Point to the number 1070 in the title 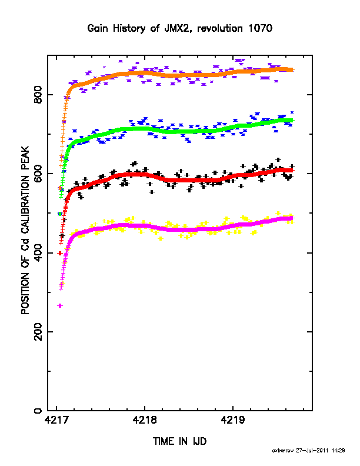tap(260, 28)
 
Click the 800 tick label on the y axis tap(38, 95)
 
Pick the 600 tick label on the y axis tap(38, 174)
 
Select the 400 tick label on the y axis tap(38, 253)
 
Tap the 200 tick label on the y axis tap(38, 332)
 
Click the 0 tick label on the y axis tap(38, 411)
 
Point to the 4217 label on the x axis tap(57, 420)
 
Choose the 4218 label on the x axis tap(145, 420)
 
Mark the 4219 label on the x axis tap(233, 420)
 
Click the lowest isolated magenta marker tap(60, 305)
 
